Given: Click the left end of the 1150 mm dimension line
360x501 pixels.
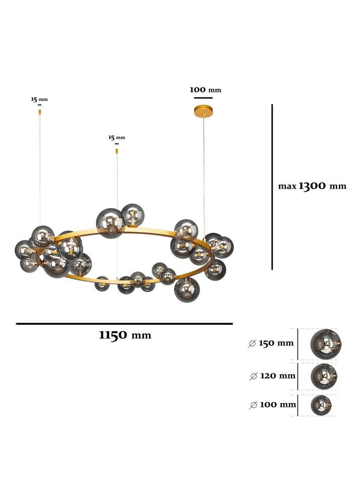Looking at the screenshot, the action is tap(16, 324).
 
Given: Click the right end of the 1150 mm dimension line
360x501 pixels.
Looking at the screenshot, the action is tap(233, 324).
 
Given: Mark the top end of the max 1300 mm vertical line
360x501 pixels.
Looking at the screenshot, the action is tap(272, 104).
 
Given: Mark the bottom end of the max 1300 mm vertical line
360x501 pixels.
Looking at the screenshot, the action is tap(272, 270).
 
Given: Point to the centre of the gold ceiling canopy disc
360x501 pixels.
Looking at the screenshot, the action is tap(203, 111).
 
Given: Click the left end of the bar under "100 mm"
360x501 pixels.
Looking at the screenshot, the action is tap(194, 97).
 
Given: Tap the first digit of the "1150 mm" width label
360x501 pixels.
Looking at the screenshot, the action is tap(102, 335).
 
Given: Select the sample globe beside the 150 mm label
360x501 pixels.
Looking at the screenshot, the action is tap(326, 344).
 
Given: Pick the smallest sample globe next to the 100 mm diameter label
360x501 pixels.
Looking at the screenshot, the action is tap(321, 405).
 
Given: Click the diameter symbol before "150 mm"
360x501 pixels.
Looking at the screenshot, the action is tap(252, 344).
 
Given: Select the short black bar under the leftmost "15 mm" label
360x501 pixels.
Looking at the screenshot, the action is tap(39, 105).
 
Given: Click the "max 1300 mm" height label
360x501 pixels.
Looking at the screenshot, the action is tap(312, 186).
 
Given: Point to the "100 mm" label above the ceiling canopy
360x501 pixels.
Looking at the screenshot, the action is tap(205, 90).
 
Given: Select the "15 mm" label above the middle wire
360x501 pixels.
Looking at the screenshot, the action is tap(117, 138).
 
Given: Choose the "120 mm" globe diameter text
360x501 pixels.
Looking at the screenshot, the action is tap(278, 376).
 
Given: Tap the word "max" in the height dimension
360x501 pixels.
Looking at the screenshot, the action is tap(287, 186).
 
